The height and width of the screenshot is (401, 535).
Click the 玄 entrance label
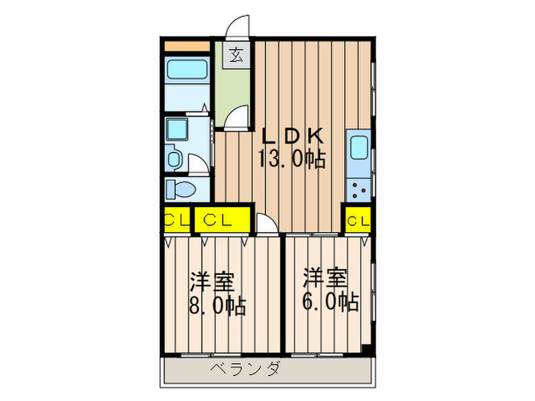tap(238, 55)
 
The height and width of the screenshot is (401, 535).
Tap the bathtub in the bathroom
tap(187, 72)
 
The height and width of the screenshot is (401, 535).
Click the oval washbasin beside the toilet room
tap(174, 160)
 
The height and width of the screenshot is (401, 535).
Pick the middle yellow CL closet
tap(222, 220)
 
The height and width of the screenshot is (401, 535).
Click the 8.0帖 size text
tap(218, 307)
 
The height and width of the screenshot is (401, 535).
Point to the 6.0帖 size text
tap(330, 302)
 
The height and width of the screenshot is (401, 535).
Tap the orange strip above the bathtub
tap(187, 45)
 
